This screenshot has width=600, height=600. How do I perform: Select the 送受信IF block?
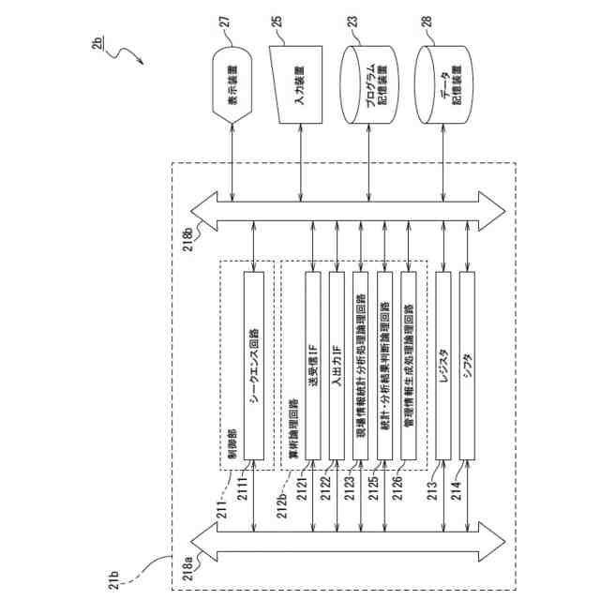click(312, 367)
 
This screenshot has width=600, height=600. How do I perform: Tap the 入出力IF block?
click(336, 367)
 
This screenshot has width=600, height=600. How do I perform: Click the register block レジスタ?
click(444, 367)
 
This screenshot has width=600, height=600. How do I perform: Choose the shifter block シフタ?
click(468, 367)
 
